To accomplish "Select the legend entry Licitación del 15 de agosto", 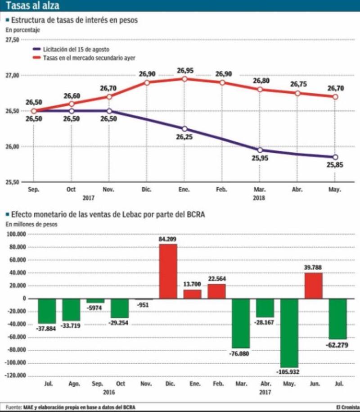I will [x=76, y=49].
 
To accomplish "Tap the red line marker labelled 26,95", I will [x=184, y=79].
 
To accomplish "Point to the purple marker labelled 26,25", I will [x=184, y=129].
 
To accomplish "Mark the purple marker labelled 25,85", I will [x=335, y=157].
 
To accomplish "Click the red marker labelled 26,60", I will [x=72, y=104].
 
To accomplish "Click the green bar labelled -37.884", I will [x=47, y=311].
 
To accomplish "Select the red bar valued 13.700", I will [x=192, y=294].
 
